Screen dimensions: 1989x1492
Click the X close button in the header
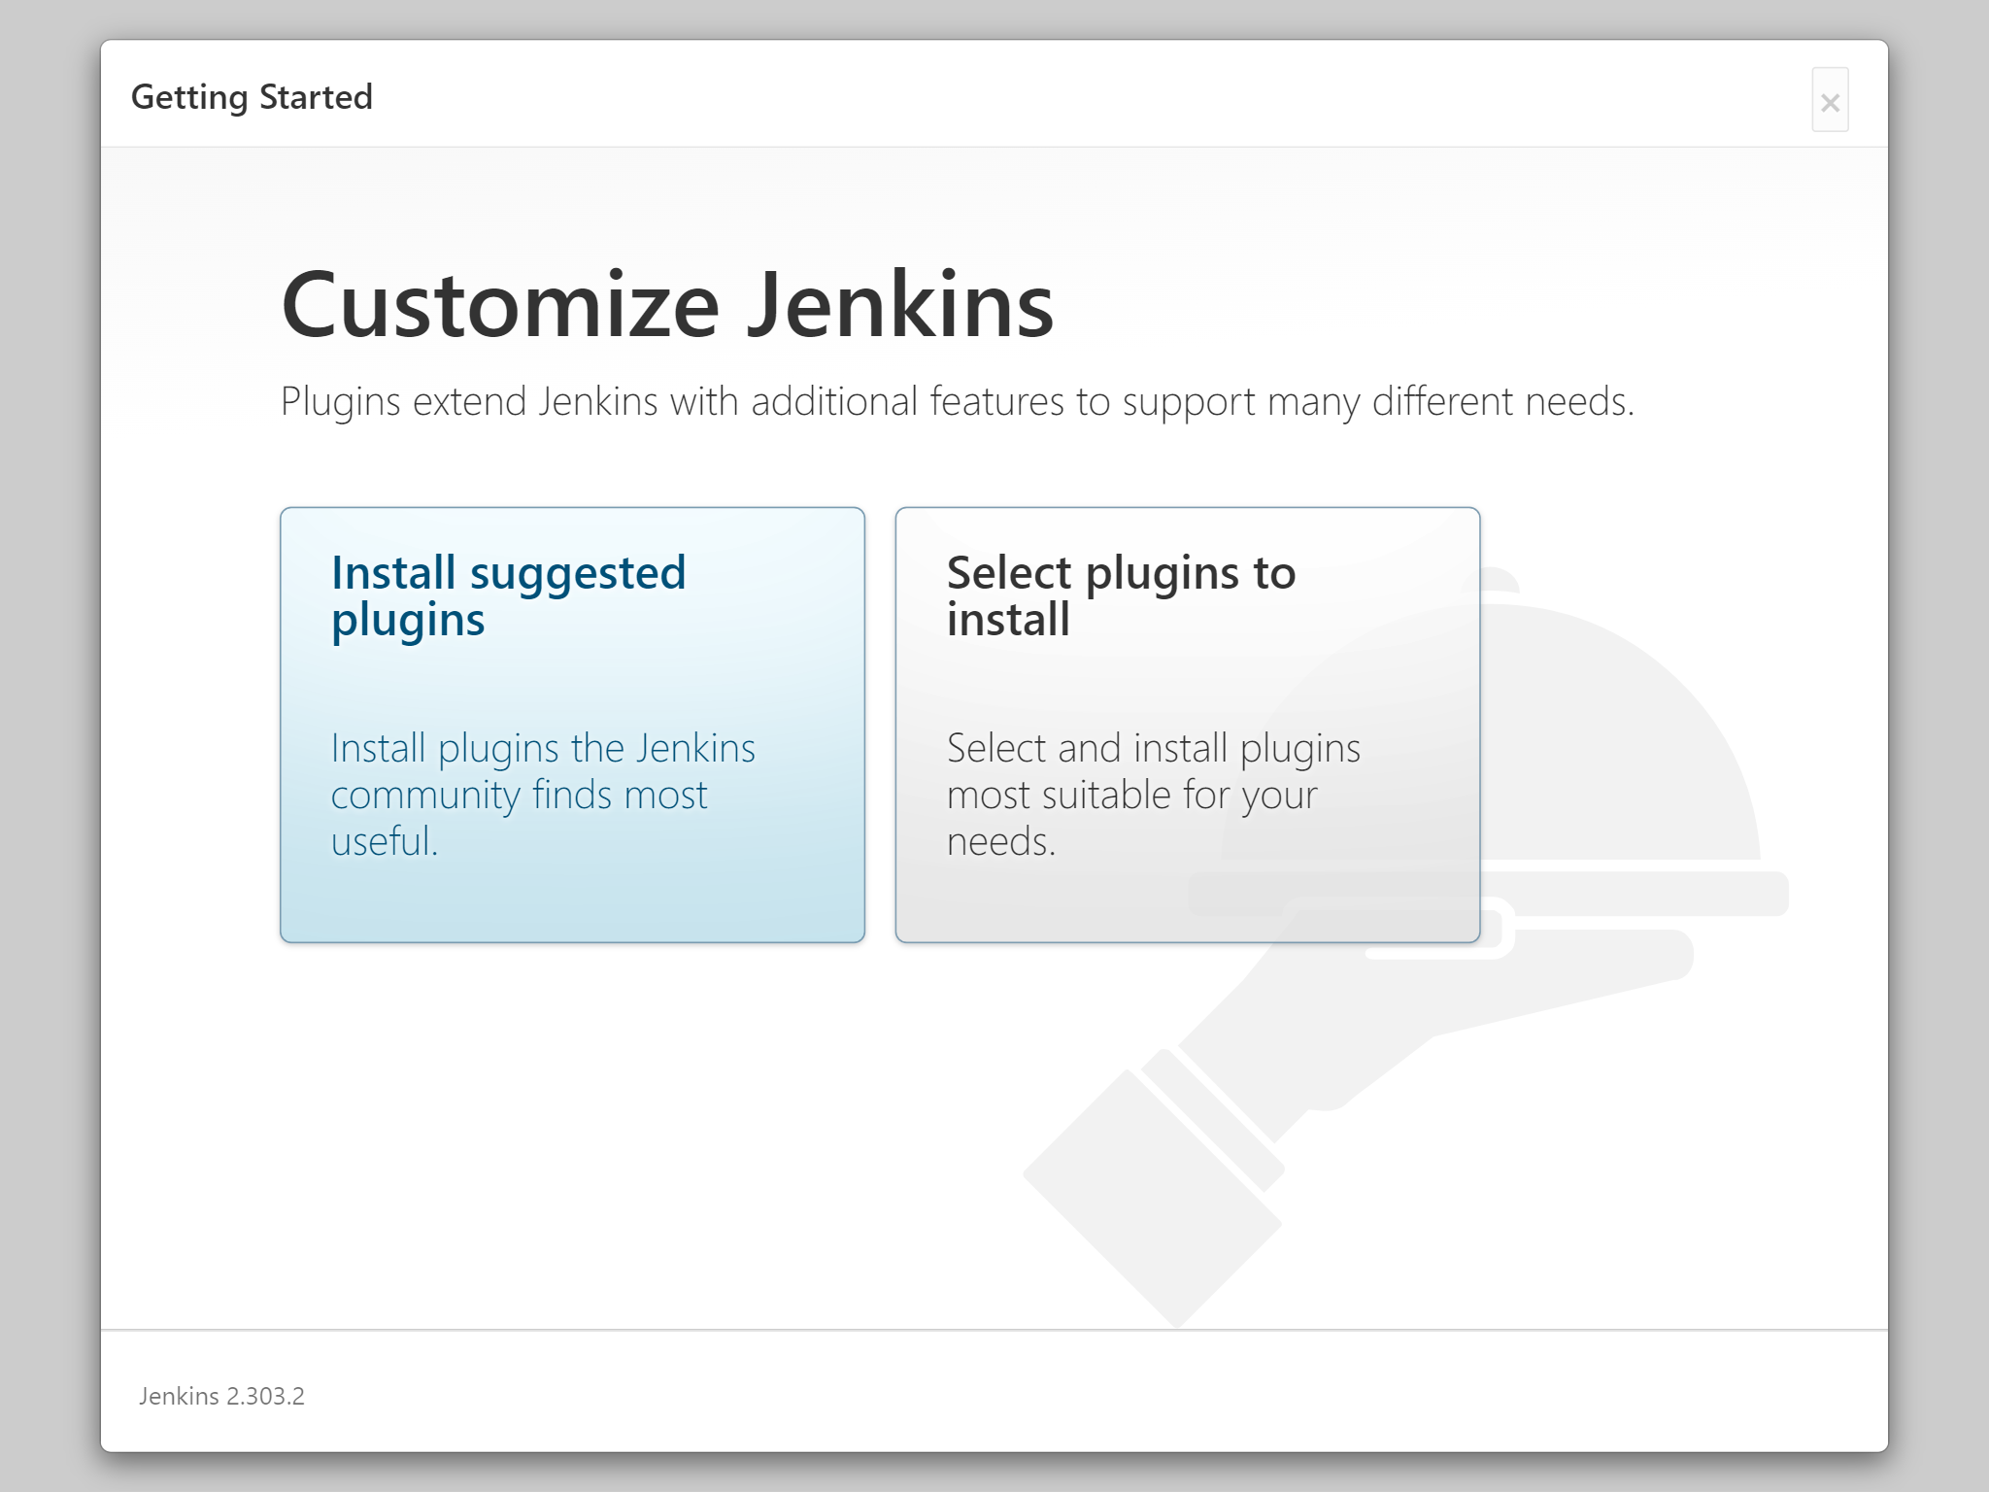[1830, 100]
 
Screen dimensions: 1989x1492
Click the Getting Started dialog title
[252, 97]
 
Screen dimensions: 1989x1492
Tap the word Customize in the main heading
[500, 305]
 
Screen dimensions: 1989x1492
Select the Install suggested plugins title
[509, 596]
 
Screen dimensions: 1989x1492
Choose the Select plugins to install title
[1122, 596]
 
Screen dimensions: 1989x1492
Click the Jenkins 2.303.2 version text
[221, 1396]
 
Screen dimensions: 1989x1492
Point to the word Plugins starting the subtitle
[341, 402]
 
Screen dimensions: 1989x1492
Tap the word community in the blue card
[425, 796]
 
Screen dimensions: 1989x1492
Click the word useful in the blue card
[385, 841]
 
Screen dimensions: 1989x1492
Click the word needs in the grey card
[1001, 842]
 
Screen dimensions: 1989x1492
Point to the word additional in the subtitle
[834, 401]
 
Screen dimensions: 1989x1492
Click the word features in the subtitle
[997, 401]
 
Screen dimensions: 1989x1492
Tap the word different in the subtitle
[1443, 401]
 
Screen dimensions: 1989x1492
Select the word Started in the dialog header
[316, 97]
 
